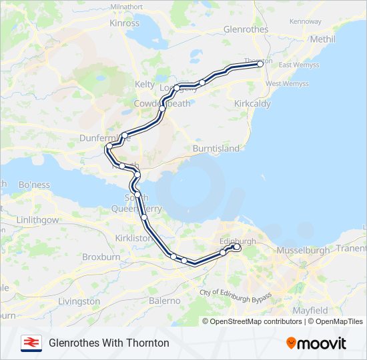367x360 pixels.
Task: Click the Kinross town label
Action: (125, 23)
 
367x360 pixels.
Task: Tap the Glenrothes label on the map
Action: (246, 29)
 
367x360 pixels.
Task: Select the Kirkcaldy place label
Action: (252, 105)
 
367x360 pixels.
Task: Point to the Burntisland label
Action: (216, 148)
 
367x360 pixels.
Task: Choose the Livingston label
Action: (79, 301)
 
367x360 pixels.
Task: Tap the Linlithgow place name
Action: (37, 219)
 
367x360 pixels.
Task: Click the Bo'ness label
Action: (35, 184)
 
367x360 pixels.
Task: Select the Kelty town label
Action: (145, 84)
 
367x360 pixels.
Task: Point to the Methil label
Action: (323, 39)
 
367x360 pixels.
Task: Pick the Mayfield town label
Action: (310, 311)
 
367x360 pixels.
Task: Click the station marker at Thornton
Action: (260, 65)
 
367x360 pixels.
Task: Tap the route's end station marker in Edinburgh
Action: (237, 247)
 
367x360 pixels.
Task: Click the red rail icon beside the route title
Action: (30, 343)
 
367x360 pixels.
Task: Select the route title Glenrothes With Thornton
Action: (109, 343)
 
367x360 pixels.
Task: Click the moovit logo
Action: (316, 343)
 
